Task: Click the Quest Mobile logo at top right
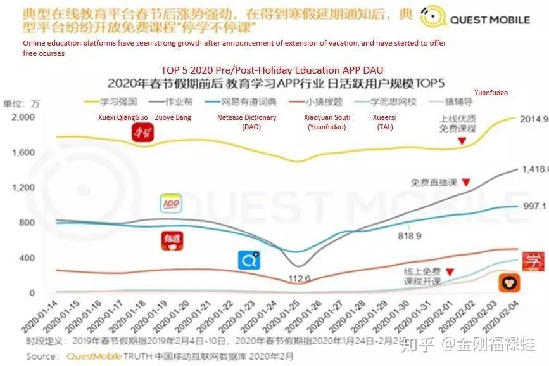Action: (476, 19)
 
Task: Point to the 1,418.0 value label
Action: (533, 169)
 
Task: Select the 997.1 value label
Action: (534, 206)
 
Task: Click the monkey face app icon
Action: (508, 283)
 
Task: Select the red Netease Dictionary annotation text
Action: (247, 122)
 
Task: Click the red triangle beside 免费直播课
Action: (466, 182)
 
